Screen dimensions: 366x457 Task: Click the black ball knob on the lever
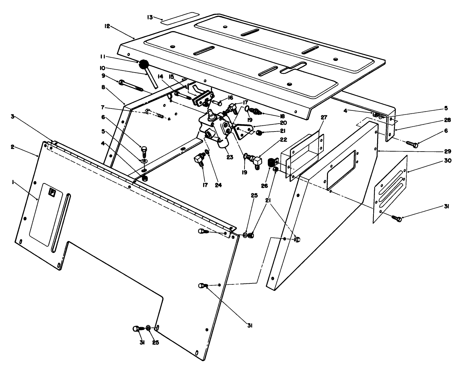point(143,64)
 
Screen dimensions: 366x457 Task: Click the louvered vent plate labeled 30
point(390,190)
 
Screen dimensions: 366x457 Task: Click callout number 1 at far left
point(13,183)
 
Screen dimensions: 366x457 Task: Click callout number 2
point(13,147)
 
